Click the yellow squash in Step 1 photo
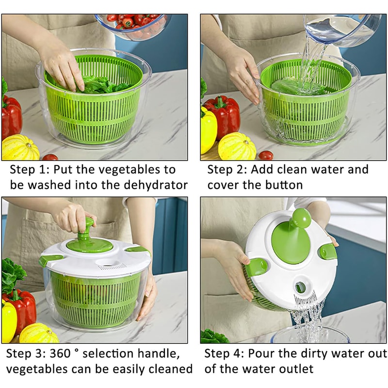[20, 147]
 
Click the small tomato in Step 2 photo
[265, 155]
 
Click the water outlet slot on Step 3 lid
[111, 267]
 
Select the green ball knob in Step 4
[301, 218]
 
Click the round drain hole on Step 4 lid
[301, 287]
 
